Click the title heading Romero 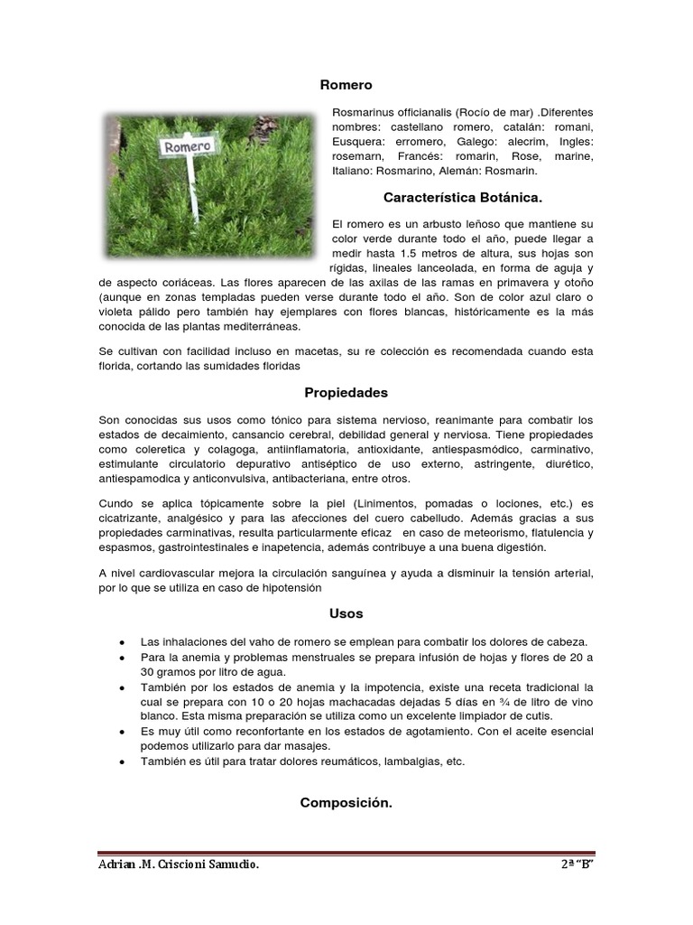346,85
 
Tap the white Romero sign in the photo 188,145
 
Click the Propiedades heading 346,393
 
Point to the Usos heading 346,613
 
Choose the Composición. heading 346,800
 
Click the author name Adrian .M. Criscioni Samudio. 179,866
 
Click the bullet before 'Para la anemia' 122,657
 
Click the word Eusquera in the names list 355,143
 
